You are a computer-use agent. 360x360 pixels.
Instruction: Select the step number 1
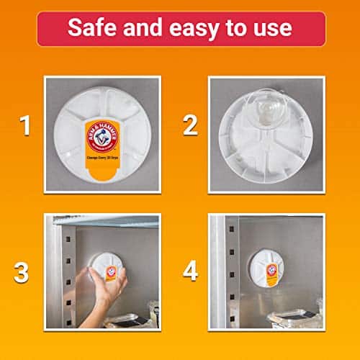point(25,127)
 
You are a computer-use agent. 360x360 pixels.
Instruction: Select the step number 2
point(190,127)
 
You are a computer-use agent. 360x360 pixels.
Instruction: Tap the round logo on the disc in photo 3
point(111,271)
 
